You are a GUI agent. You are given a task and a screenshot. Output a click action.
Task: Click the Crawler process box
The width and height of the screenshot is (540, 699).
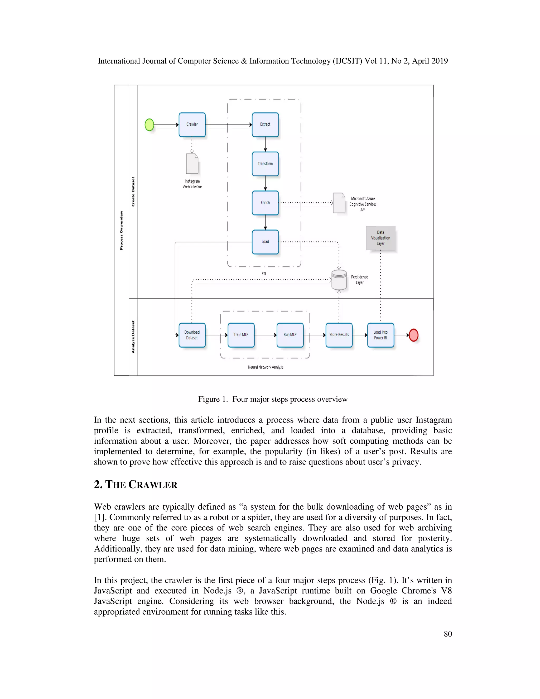coord(192,125)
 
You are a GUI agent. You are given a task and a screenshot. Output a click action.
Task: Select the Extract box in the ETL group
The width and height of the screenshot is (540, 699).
coord(265,125)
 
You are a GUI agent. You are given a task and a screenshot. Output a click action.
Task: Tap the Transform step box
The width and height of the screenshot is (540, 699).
coord(265,164)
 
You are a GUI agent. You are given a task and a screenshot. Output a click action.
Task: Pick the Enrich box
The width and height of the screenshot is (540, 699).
coord(265,203)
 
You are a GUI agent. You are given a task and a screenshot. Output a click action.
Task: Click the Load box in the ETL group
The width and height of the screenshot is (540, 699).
coord(265,242)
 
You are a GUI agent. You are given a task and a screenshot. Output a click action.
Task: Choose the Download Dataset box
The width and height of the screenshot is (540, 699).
coord(192,335)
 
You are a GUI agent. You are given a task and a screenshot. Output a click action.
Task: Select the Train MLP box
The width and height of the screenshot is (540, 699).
coord(241,335)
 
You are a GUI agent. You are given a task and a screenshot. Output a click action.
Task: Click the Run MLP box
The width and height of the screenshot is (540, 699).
coord(290,335)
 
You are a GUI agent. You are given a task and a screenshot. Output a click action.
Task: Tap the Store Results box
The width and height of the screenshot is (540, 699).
coord(339,335)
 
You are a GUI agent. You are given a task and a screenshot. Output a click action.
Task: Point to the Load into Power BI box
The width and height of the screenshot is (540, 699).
coord(380,335)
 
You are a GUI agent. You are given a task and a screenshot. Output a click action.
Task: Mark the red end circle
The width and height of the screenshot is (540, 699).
coord(414,335)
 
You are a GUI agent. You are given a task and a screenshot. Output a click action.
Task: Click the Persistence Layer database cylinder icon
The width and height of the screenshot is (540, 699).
coord(339,279)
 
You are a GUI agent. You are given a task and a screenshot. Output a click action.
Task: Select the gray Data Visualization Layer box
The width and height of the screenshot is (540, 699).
coord(380,238)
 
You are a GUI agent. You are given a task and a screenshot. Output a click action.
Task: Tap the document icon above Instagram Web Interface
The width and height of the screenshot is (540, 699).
coord(192,164)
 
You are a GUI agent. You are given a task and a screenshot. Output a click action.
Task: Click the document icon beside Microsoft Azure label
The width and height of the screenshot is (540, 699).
coord(339,203)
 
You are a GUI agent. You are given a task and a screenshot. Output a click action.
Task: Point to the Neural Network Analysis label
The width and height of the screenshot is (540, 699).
coord(266,367)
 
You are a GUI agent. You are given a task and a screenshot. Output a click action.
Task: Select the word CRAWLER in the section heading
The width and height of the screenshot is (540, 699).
coord(153,485)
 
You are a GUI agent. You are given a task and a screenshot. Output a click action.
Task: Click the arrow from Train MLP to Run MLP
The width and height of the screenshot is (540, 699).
coord(266,335)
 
